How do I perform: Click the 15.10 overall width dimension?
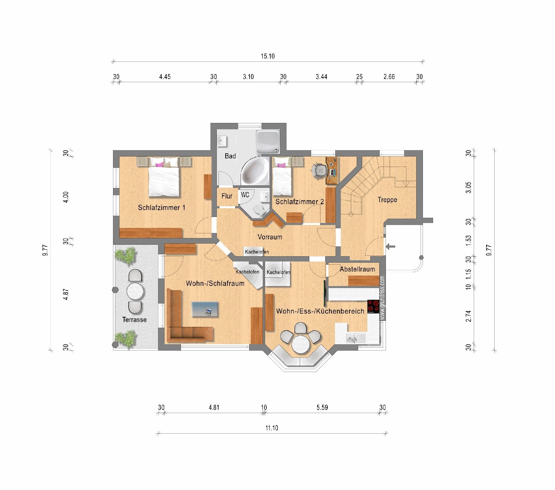(x=268, y=56)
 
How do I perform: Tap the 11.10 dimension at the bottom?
(x=272, y=428)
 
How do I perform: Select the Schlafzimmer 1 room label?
(x=162, y=207)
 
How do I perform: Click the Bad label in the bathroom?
(x=230, y=156)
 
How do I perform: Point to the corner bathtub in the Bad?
(x=255, y=171)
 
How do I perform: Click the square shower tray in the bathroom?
(x=268, y=142)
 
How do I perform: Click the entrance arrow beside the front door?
(x=391, y=246)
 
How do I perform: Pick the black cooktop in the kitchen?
(x=373, y=307)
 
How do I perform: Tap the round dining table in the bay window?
(x=301, y=344)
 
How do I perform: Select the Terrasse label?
(x=134, y=320)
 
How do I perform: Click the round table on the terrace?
(x=135, y=291)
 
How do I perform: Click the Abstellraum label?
(x=357, y=269)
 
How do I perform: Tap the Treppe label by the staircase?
(x=387, y=200)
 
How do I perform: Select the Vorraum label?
(x=270, y=237)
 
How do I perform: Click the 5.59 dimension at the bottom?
(x=322, y=407)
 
